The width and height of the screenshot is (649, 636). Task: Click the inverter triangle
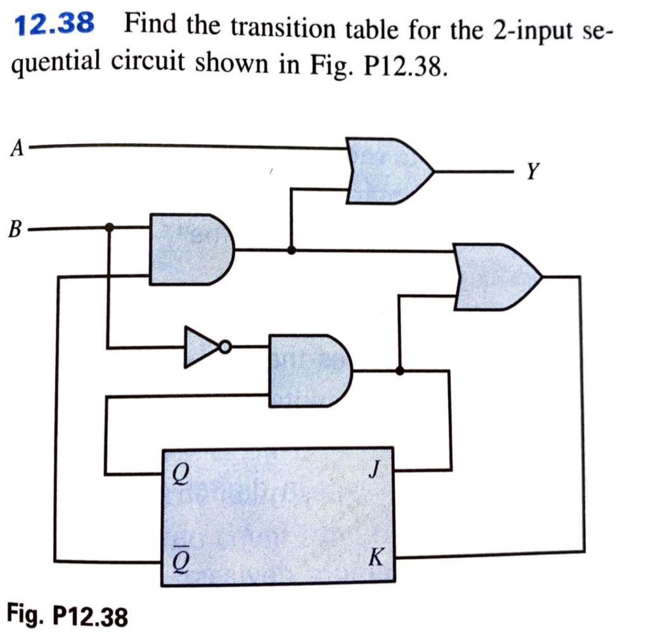click(200, 347)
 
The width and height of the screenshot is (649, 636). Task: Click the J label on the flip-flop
click(378, 471)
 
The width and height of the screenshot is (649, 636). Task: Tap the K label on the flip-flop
click(376, 559)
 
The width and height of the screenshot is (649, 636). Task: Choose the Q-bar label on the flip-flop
click(179, 558)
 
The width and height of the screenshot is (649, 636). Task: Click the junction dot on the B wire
click(109, 226)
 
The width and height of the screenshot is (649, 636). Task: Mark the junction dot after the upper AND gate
click(291, 250)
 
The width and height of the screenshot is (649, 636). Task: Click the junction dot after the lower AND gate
click(399, 370)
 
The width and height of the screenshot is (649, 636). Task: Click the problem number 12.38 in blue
click(55, 25)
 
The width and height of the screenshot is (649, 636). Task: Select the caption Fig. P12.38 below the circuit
click(67, 614)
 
